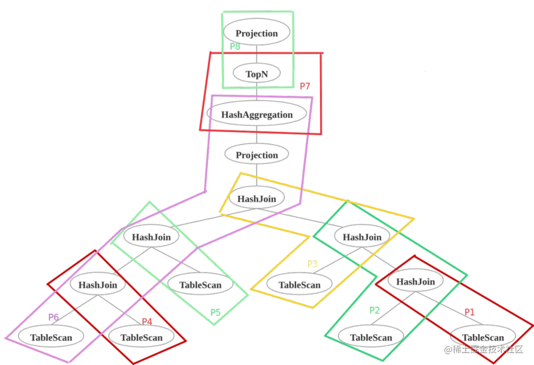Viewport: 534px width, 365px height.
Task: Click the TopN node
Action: [256, 74]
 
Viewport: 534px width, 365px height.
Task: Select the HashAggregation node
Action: [257, 115]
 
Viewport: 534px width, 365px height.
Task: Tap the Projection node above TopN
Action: [257, 34]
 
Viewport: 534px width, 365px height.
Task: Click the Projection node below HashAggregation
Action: [257, 155]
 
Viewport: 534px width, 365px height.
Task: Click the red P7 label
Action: [305, 86]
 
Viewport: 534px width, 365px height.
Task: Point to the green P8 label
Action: [235, 47]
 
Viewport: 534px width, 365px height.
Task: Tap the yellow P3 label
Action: [312, 264]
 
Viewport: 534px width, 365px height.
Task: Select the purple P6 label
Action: [53, 317]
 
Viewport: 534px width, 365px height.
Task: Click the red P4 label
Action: [147, 322]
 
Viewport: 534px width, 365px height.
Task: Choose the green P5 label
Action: [215, 313]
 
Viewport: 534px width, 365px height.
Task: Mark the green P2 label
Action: [374, 310]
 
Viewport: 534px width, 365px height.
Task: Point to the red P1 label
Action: [469, 312]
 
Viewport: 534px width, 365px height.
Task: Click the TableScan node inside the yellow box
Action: [299, 285]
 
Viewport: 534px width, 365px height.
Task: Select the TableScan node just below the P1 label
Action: [482, 337]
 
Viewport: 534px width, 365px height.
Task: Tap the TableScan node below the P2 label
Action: [371, 338]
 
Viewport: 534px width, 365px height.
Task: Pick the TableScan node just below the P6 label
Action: [51, 338]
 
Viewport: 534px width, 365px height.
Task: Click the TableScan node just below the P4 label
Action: [141, 338]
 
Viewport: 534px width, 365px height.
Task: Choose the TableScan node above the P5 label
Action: [200, 285]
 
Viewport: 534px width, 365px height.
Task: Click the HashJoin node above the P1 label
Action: [415, 282]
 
